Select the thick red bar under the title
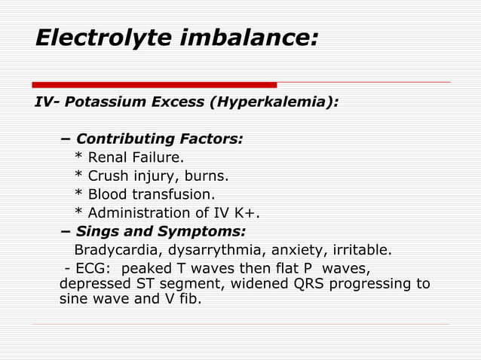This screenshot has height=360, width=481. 155,84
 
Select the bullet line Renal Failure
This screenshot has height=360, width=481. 135,157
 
